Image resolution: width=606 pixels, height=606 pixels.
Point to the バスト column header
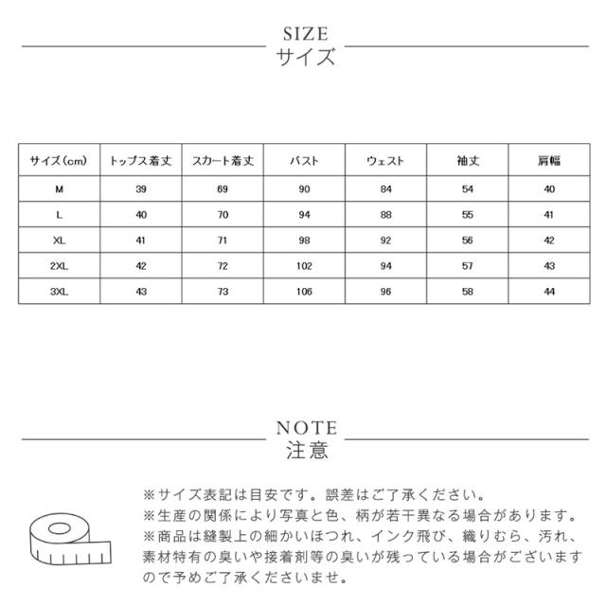click(304, 161)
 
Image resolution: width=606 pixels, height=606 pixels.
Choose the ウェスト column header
click(385, 161)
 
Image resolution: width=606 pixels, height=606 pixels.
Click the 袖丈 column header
click(467, 161)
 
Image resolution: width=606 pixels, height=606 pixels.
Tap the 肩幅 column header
click(547, 161)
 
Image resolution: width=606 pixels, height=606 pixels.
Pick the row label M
click(59, 190)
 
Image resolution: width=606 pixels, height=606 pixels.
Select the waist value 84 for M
click(385, 190)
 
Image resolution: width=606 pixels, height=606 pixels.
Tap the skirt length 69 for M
click(221, 190)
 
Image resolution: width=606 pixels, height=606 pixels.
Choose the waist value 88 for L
click(385, 215)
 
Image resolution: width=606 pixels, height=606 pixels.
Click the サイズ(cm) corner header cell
click(59, 161)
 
